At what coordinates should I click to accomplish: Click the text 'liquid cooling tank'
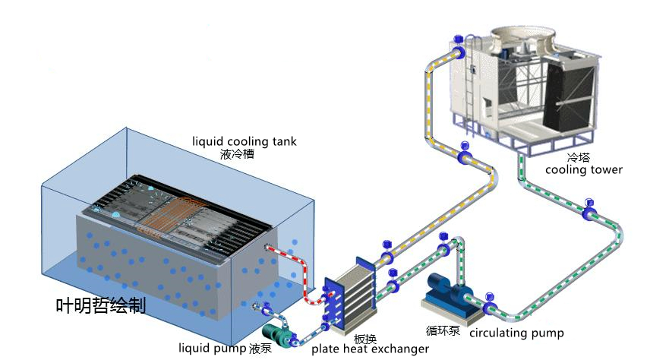[244, 141]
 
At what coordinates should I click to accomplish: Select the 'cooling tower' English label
[583, 169]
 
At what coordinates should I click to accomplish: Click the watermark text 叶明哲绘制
[100, 305]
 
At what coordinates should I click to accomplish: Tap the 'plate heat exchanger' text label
[370, 349]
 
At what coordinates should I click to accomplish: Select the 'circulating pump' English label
[516, 333]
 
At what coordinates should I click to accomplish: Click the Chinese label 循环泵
[443, 330]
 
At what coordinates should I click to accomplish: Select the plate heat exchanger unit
[351, 292]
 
